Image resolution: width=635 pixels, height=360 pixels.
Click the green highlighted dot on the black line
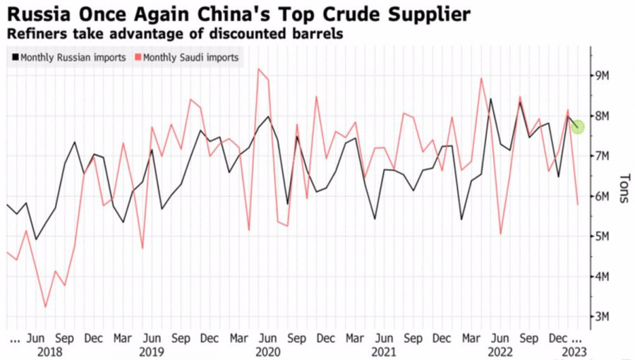pos(577,127)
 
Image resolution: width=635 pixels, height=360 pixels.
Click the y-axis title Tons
pos(623,188)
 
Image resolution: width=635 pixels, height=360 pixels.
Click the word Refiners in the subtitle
pos(32,33)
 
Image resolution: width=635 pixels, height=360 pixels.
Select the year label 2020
pos(267,351)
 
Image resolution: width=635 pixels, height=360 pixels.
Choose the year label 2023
pos(571,351)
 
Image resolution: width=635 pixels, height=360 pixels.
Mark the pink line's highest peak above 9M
pos(259,69)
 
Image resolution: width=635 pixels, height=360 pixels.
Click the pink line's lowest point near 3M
pos(46,307)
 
